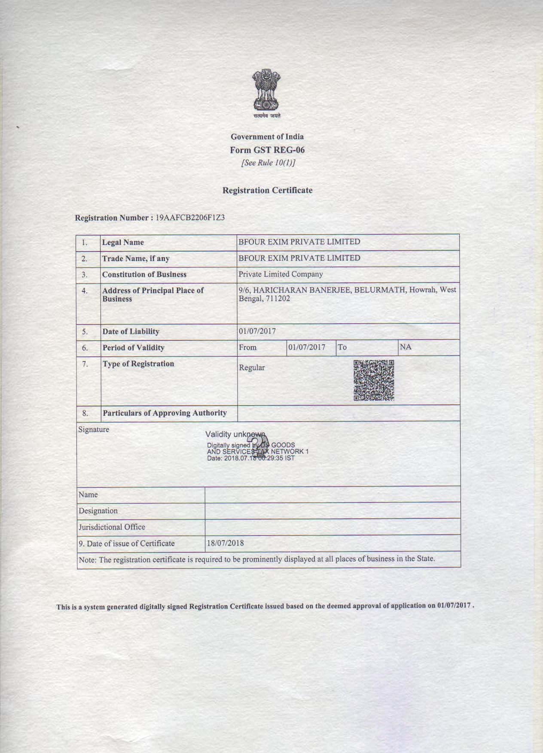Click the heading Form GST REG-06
pyautogui.click(x=267, y=150)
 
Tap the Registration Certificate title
pyautogui.click(x=267, y=190)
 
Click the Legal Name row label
pyautogui.click(x=123, y=242)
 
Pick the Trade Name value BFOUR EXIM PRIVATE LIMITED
pyautogui.click(x=299, y=258)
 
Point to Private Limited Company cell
pyautogui.click(x=281, y=274)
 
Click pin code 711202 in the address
pyautogui.click(x=277, y=298)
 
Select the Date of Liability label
pyautogui.click(x=131, y=331)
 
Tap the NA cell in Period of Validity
pyautogui.click(x=406, y=347)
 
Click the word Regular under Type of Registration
pyautogui.click(x=252, y=367)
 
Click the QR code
pyautogui.click(x=374, y=380)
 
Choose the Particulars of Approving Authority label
pyautogui.click(x=165, y=413)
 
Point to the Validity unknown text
pyautogui.click(x=235, y=435)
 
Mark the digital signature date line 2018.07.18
pyautogui.click(x=251, y=458)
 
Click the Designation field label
pyautogui.click(x=98, y=511)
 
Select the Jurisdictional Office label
pyautogui.click(x=112, y=527)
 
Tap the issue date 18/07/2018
pyautogui.click(x=226, y=543)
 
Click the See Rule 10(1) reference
pyautogui.click(x=268, y=163)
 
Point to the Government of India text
pyautogui.click(x=267, y=137)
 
